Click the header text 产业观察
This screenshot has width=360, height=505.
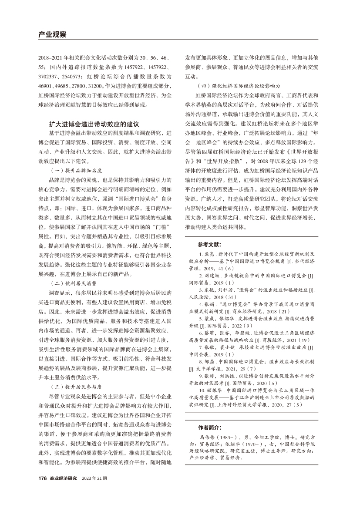(52, 34)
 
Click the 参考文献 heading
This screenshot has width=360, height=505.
(209, 245)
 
